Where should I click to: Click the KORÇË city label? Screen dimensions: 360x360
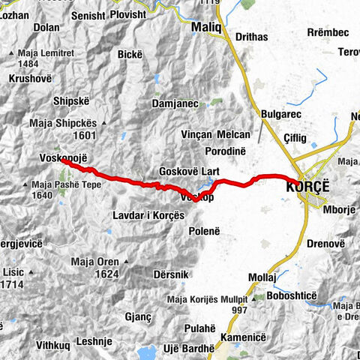[307, 188]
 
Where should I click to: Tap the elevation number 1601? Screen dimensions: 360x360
[86, 135]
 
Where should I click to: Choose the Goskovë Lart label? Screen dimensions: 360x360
[186, 170]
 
